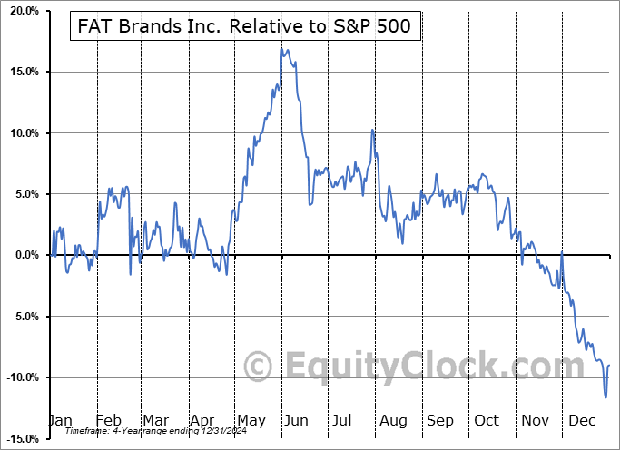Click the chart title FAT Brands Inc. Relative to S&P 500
(245, 27)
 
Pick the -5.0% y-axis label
(22, 317)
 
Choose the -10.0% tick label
(20, 377)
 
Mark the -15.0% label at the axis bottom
(20, 438)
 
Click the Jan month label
(60, 421)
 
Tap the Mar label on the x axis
(154, 421)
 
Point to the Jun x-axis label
(296, 421)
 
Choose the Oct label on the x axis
(486, 421)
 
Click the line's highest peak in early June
(283, 49)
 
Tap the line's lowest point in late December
(605, 396)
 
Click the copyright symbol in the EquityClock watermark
(261, 367)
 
